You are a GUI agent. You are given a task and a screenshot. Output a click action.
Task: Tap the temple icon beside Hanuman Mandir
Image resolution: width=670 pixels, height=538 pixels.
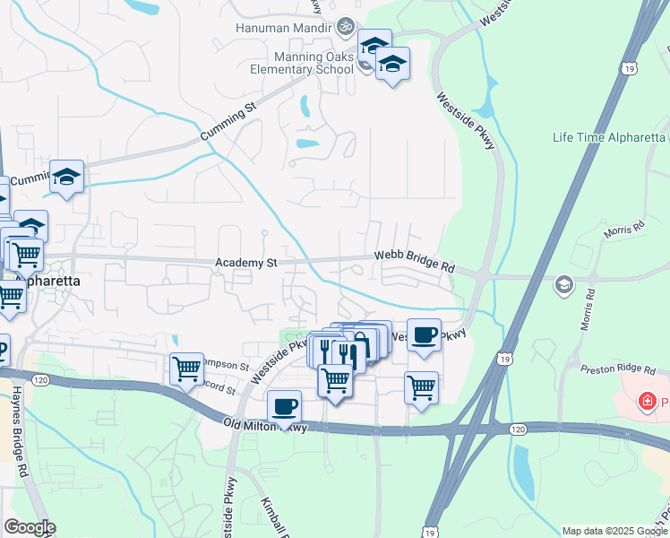(347, 28)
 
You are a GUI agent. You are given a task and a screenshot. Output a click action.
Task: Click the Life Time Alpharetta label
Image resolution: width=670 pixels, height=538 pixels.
(609, 137)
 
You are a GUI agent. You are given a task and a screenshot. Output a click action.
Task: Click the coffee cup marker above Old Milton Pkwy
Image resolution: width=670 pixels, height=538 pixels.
(284, 406)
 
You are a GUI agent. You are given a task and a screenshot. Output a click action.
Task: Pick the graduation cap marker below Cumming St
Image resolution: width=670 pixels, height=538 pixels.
(66, 176)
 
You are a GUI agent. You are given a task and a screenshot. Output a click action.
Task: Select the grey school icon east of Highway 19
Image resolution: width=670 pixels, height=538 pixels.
(563, 285)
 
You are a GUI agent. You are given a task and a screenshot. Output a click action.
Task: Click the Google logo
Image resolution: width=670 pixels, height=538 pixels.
(29, 527)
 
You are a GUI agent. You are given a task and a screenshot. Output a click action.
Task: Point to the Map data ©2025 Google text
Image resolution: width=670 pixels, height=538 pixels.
(614, 531)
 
